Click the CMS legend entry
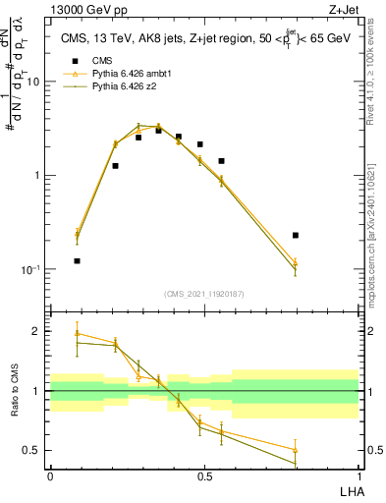click(x=103, y=60)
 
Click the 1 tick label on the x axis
click(x=358, y=475)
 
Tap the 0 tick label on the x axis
click(x=50, y=475)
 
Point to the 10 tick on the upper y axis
click(x=33, y=82)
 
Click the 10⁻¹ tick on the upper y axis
click(x=31, y=269)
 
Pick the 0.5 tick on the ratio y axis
click(x=33, y=450)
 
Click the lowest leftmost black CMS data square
click(x=78, y=261)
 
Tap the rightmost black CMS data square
click(x=296, y=236)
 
